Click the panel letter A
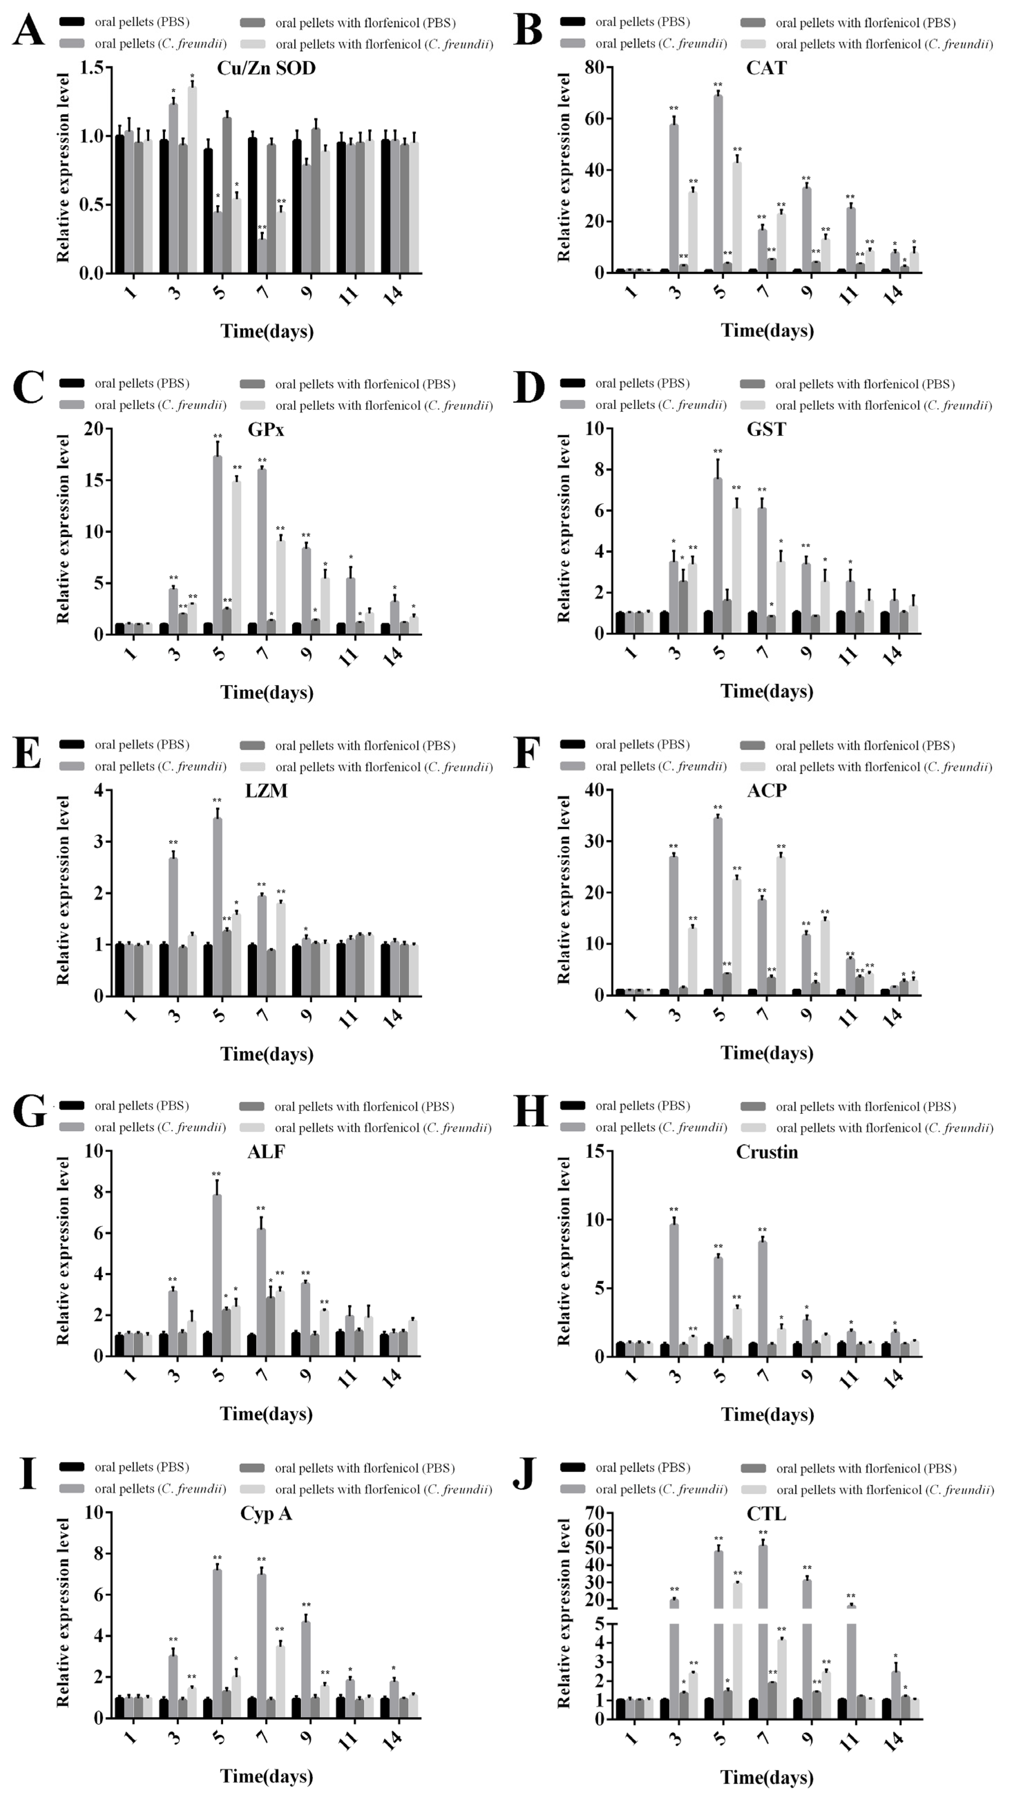click(x=28, y=31)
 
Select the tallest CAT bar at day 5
click(x=718, y=183)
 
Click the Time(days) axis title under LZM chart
click(x=267, y=1053)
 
